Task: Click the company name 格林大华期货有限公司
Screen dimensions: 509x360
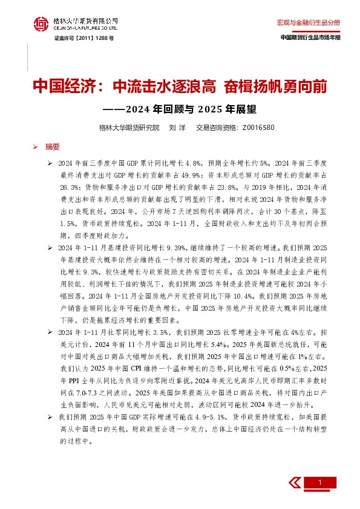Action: coord(84,20)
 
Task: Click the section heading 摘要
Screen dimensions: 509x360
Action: coord(53,146)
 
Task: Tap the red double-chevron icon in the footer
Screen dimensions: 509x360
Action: coord(294,481)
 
